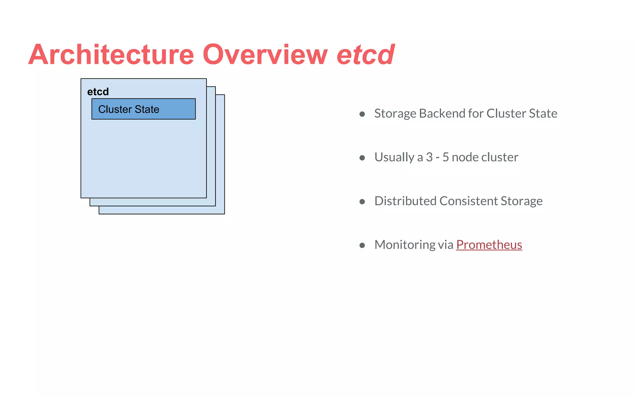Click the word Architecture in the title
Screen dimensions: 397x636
(111, 55)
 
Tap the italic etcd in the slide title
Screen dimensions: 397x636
(366, 55)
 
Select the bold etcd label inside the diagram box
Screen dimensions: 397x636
(98, 92)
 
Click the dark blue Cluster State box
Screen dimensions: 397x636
(143, 109)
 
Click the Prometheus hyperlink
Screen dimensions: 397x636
(489, 245)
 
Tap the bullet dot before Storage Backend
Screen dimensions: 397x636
(362, 114)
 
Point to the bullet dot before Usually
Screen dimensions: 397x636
(362, 158)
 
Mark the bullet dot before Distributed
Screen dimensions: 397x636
(362, 202)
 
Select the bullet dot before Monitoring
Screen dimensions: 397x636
(362, 245)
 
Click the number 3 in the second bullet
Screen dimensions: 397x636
(429, 157)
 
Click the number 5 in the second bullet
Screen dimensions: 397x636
(445, 157)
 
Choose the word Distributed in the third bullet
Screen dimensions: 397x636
(405, 201)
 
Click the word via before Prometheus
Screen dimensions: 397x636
(446, 245)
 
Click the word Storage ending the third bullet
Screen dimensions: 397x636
(521, 201)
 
